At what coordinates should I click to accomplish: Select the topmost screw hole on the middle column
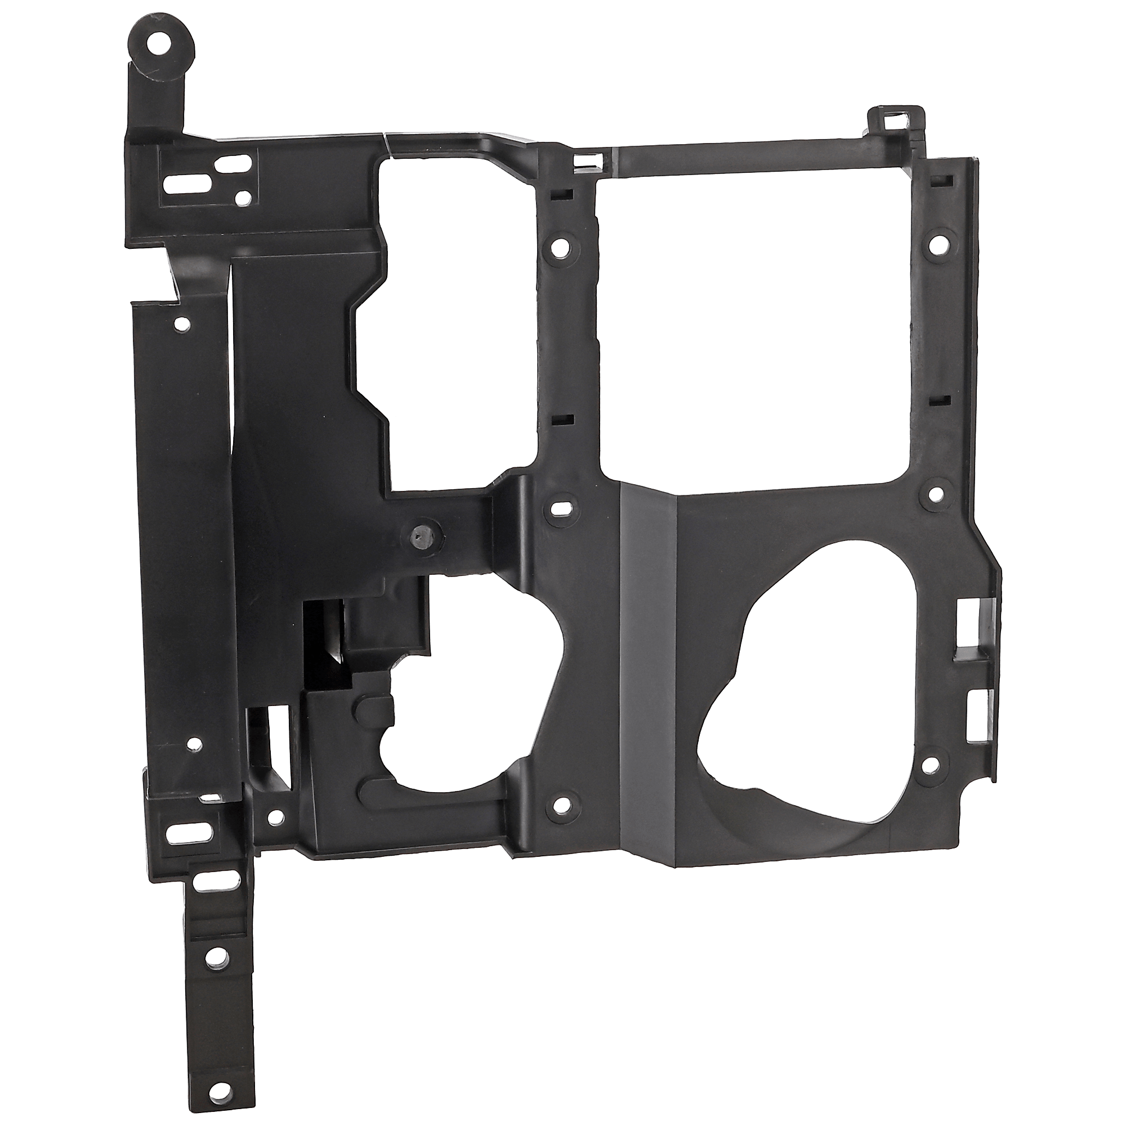[x=560, y=246]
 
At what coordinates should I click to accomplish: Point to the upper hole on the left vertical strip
[x=181, y=321]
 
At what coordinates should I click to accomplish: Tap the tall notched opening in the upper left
[x=454, y=315]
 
